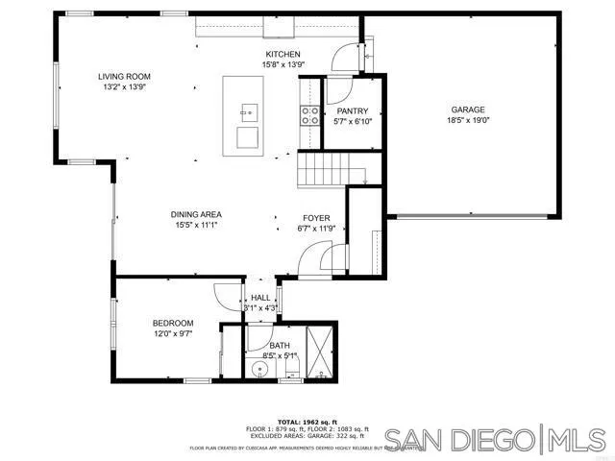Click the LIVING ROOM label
point(124,77)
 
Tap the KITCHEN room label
point(283,54)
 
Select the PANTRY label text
point(352,111)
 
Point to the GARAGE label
point(467,110)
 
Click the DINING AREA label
point(197,214)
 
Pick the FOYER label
point(317,218)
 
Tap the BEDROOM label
point(173,323)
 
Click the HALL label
point(261,298)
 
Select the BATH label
point(280,346)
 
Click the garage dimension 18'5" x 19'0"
point(467,121)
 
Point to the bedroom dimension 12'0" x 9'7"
point(173,334)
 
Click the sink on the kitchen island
point(250,111)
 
